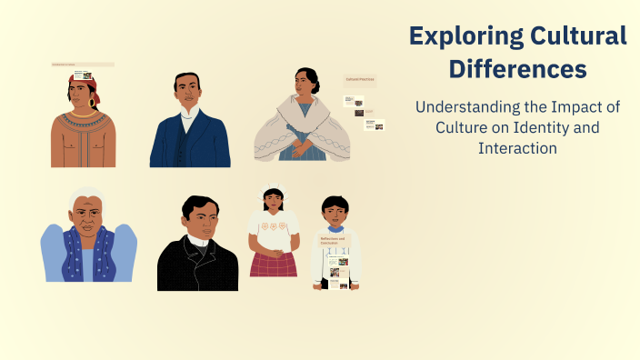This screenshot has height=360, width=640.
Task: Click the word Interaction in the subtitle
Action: pos(517,148)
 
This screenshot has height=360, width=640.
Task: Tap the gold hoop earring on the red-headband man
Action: pos(92,104)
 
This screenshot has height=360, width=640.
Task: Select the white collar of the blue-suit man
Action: pos(190,115)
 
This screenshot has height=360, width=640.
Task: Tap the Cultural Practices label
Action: pos(360,81)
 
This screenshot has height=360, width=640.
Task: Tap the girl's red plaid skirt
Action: pos(274,265)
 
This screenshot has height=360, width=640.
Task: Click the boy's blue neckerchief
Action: pos(335,228)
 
